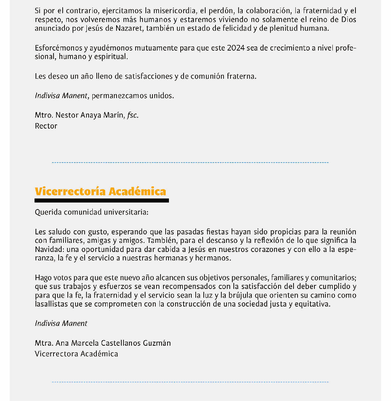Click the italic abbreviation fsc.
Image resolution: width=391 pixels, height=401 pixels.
click(x=133, y=115)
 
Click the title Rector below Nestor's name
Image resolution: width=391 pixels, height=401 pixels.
click(x=46, y=126)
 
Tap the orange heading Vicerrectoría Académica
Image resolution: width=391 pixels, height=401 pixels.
click(x=100, y=191)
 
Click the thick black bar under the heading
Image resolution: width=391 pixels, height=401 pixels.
click(x=102, y=201)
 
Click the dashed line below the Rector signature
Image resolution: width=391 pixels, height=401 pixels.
click(x=190, y=162)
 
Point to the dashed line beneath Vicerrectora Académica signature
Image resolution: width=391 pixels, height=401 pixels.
click(x=190, y=382)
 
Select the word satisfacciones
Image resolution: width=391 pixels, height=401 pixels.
click(x=148, y=76)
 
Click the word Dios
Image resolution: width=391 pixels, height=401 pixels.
click(x=348, y=20)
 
